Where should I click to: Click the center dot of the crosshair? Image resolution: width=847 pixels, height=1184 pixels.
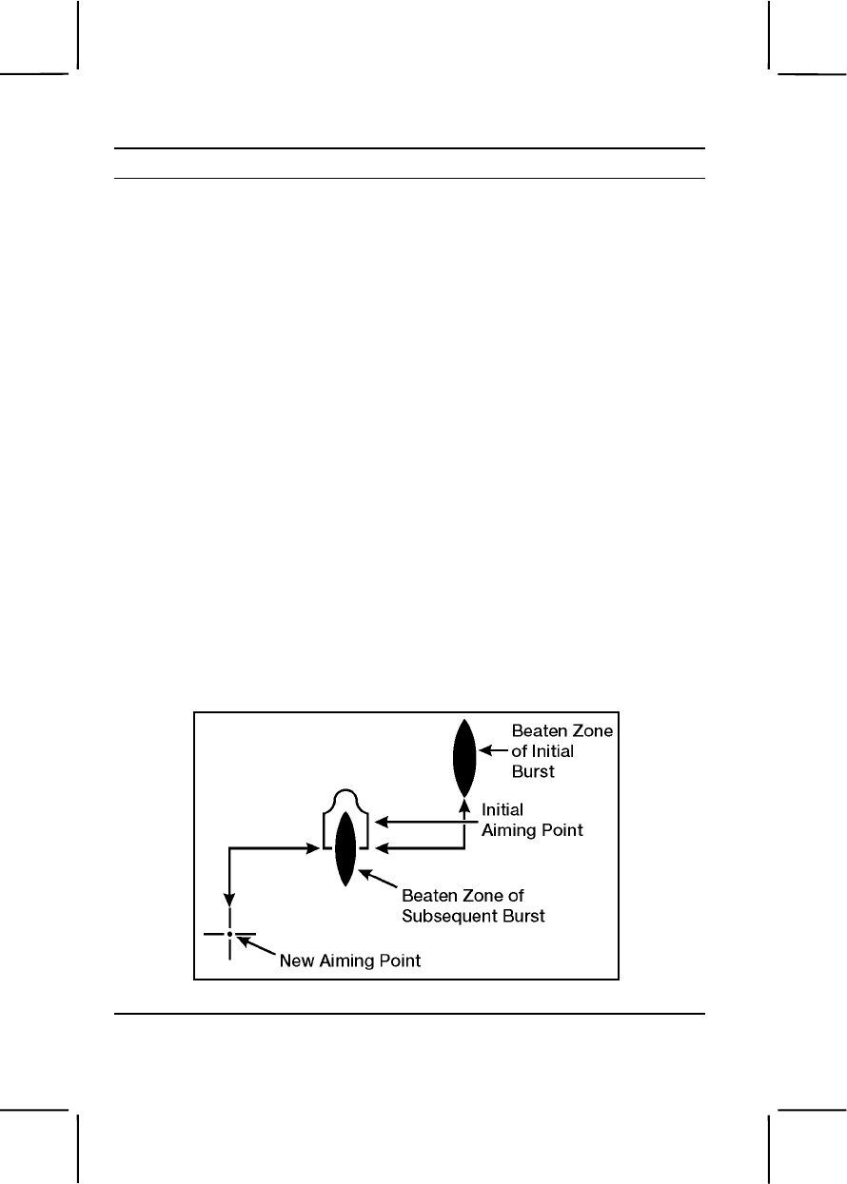point(229,934)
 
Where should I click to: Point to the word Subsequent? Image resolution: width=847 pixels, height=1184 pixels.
point(447,918)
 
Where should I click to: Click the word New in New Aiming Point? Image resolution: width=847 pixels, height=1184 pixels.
point(296,961)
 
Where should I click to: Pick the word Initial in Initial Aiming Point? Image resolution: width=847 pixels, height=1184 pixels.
point(503,811)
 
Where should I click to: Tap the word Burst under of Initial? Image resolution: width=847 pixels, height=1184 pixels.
point(533,771)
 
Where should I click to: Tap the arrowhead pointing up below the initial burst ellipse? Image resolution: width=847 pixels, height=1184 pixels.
point(463,804)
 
